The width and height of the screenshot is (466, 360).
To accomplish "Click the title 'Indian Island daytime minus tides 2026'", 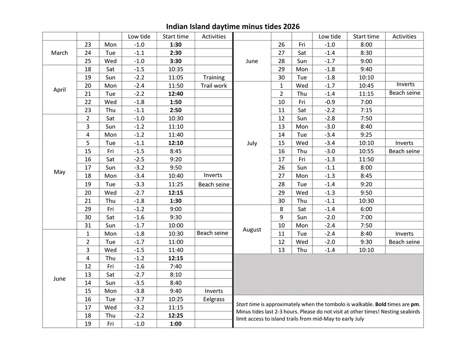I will (233, 26).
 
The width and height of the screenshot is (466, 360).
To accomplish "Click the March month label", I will (60, 53).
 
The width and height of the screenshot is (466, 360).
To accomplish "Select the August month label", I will (252, 229).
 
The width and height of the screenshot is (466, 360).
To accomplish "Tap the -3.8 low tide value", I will (139, 291).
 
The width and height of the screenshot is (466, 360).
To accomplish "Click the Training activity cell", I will (214, 77).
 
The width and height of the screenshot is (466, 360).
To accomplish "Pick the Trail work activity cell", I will (214, 86).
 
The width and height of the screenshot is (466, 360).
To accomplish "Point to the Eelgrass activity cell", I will (214, 299).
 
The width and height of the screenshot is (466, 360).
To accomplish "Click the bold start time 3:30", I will (176, 61).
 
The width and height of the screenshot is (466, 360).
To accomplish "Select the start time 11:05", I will (176, 77).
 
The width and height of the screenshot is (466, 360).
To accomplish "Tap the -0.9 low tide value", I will (330, 102).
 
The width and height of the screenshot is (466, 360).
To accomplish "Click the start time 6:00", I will (366, 209).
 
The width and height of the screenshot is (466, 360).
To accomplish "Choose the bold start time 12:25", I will (176, 315).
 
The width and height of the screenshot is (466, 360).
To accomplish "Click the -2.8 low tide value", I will (330, 118).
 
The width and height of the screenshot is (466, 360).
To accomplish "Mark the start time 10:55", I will (366, 151).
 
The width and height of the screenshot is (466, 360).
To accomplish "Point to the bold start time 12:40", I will (176, 94).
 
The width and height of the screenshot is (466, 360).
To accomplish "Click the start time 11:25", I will (176, 184).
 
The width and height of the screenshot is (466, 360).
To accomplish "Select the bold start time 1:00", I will (176, 324).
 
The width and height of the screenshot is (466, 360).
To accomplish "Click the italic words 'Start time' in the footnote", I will (248, 304).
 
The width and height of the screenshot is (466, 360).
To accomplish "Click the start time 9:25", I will (366, 135).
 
